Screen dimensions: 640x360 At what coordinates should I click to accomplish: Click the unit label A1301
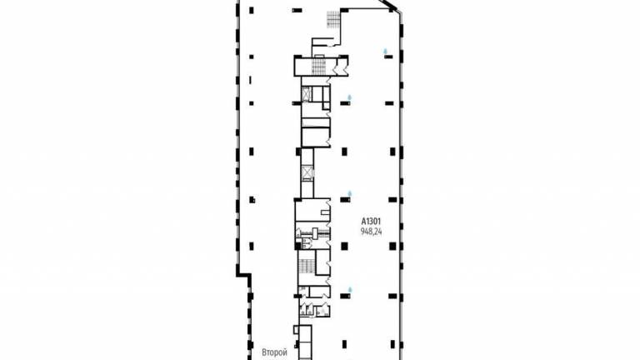[x=371, y=221]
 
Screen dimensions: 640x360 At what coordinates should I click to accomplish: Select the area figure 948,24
[x=372, y=232]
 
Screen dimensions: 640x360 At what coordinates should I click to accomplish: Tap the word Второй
[x=275, y=352]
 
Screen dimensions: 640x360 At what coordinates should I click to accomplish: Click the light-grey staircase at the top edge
[x=333, y=19]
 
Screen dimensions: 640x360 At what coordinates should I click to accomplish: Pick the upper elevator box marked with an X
[x=307, y=94]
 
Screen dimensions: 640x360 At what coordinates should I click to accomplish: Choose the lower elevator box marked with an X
[x=307, y=172]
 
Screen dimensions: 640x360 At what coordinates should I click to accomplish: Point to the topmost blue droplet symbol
[x=385, y=52]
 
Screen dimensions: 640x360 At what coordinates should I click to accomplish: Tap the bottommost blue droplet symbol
[x=350, y=290]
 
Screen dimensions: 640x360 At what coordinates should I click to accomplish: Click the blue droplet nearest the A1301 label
[x=349, y=193]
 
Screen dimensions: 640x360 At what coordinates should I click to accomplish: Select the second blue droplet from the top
[x=349, y=97]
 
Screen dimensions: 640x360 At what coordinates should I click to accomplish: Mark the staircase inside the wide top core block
[x=319, y=67]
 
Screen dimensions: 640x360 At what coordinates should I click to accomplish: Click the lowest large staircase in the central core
[x=307, y=267]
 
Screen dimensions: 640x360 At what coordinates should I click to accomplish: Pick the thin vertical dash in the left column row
[x=250, y=80]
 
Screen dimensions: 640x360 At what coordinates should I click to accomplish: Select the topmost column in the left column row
[x=251, y=10]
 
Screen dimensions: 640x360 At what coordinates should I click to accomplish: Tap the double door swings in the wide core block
[x=340, y=67]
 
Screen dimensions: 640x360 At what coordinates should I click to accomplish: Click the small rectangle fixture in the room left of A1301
[x=325, y=212]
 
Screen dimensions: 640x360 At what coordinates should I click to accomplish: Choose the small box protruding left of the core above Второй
[x=297, y=329]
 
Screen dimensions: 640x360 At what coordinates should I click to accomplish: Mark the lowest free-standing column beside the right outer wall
[x=392, y=344]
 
